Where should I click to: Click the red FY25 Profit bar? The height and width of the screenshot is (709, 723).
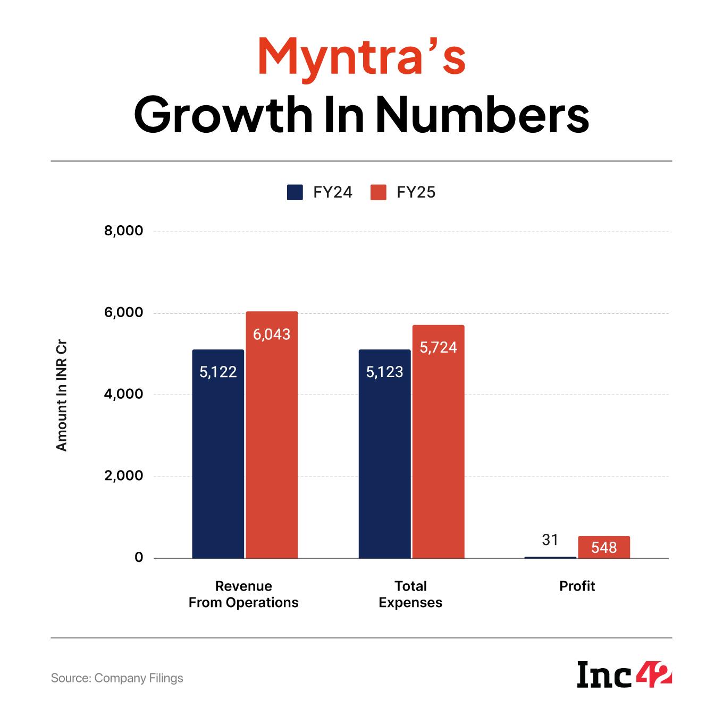tap(604, 548)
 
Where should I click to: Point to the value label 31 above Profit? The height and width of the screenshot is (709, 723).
tap(550, 540)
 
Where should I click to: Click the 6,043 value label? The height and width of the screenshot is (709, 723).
tap(271, 335)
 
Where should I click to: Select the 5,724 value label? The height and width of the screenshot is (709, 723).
tap(438, 348)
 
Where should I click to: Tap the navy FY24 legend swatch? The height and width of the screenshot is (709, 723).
tap(295, 192)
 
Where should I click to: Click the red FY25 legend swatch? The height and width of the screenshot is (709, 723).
tap(378, 192)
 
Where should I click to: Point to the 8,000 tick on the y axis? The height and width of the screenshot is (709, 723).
tap(124, 231)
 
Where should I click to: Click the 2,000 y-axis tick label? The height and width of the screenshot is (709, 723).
tap(124, 476)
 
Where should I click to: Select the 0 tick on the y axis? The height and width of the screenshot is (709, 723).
tap(139, 558)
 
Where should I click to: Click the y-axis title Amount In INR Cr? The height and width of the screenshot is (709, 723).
tap(62, 396)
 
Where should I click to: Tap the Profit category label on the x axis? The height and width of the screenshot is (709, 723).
tap(577, 586)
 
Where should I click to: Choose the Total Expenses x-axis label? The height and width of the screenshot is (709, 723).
tap(410, 594)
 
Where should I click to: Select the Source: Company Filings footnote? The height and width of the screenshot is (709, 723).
tap(117, 678)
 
